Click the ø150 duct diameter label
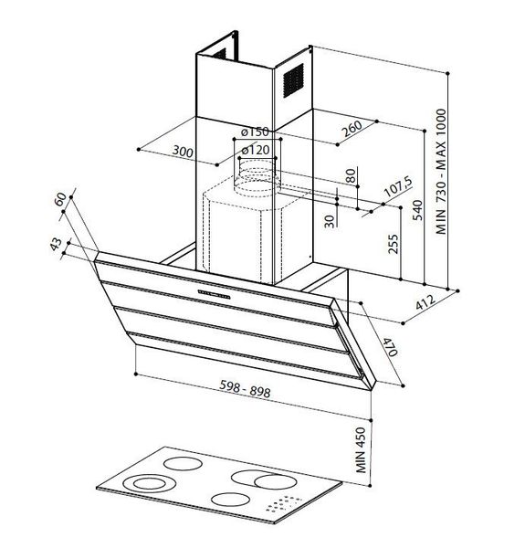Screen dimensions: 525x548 point(255,132)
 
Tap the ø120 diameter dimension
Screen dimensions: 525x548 point(256,151)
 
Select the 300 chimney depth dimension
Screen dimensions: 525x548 point(183,152)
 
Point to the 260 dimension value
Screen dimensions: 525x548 point(352,129)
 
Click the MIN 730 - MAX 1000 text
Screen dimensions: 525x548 point(441,172)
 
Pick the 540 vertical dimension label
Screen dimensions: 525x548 point(417,210)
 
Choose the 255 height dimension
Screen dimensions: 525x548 point(393,244)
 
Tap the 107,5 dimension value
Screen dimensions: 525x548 point(398,186)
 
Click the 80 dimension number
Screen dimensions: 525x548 point(352,175)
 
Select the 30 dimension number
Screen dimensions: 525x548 point(330,221)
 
